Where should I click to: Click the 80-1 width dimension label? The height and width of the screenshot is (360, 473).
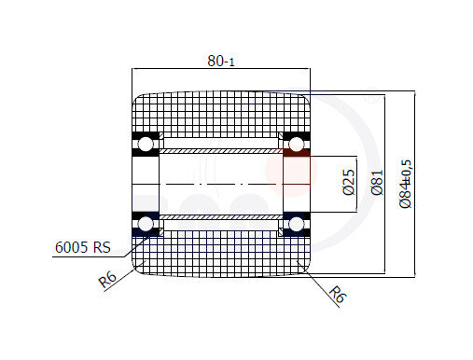tap(221, 61)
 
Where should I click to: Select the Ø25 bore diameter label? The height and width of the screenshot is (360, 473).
tap(349, 182)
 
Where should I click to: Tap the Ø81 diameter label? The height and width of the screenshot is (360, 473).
tap(377, 183)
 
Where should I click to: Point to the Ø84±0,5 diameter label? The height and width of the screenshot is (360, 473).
tap(406, 184)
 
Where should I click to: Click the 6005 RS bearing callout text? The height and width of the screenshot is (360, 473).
tap(83, 247)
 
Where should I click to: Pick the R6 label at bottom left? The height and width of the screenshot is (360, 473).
tap(107, 279)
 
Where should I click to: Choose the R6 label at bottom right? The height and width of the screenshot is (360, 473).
tap(337, 294)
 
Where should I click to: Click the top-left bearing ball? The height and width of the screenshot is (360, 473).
tap(146, 145)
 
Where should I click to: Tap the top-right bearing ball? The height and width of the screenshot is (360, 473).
tap(296, 145)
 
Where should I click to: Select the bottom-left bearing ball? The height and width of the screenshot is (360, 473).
tap(146, 224)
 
